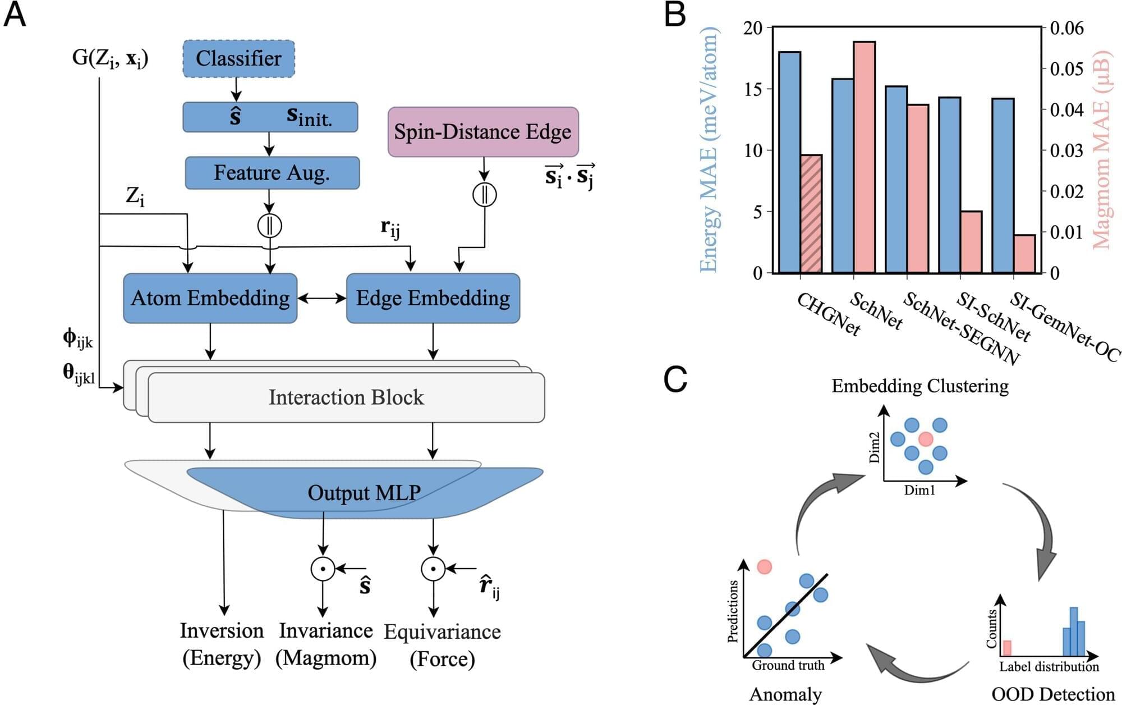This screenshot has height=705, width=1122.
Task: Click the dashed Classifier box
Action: (238, 58)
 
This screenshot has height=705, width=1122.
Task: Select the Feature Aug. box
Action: (272, 172)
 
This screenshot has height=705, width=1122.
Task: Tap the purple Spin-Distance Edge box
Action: (483, 132)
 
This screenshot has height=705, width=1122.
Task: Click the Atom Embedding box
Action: (210, 298)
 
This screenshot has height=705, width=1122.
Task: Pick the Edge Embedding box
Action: (433, 298)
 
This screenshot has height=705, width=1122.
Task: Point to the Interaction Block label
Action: (346, 397)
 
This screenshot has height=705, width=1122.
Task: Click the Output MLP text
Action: (364, 493)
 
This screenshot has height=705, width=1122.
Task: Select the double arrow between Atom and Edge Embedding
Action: (321, 299)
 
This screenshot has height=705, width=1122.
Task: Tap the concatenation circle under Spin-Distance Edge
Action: (484, 195)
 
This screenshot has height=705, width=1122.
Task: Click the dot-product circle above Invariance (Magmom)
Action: (323, 569)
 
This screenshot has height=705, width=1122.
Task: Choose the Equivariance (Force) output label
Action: (442, 645)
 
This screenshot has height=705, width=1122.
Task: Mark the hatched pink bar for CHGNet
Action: (811, 214)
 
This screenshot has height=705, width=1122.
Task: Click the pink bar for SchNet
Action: (865, 157)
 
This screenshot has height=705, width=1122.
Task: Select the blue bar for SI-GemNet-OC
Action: (1003, 186)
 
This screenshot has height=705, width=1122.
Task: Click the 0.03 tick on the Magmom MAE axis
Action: (1066, 150)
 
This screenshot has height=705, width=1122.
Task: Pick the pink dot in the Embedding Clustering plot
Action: (926, 439)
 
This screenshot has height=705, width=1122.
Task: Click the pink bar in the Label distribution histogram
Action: (1007, 648)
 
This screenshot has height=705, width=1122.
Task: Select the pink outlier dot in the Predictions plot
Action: (764, 567)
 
